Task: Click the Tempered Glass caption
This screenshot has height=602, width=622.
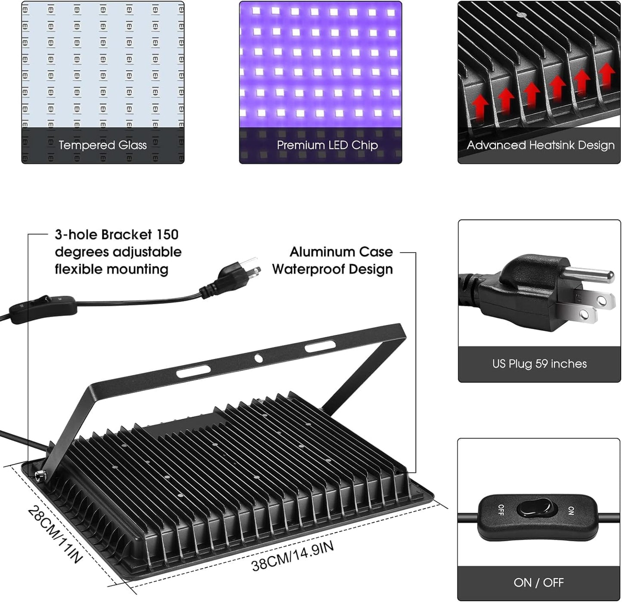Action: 102,145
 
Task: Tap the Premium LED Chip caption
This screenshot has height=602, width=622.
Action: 327,145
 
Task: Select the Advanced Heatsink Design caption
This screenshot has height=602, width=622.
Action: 540,145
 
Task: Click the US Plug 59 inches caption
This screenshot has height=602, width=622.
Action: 539,364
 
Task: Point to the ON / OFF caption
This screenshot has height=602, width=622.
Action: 538,582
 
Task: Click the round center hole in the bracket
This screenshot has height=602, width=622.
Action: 258,358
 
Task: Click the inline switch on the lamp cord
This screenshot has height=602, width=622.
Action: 43,306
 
